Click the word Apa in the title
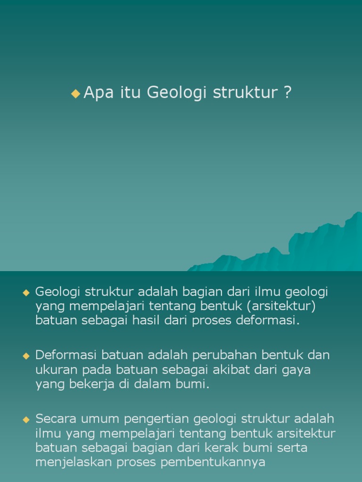[97, 93]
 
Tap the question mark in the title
[288, 93]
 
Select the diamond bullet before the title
[75, 93]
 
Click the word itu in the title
[129, 93]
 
